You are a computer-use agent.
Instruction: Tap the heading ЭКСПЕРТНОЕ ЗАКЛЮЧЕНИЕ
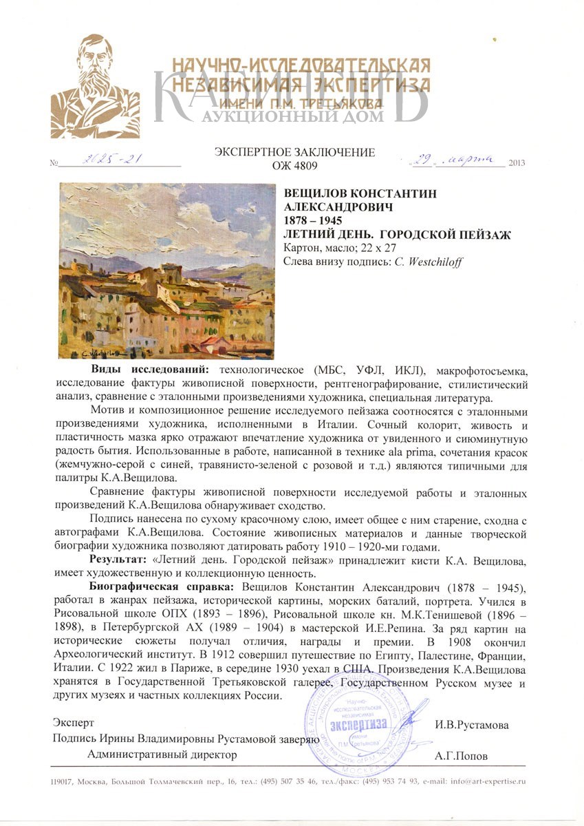pyautogui.click(x=294, y=152)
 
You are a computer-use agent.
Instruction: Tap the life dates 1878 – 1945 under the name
pyautogui.click(x=312, y=220)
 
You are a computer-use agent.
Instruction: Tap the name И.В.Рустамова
pyautogui.click(x=471, y=726)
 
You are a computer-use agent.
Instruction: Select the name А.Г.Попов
pyautogui.click(x=462, y=756)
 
